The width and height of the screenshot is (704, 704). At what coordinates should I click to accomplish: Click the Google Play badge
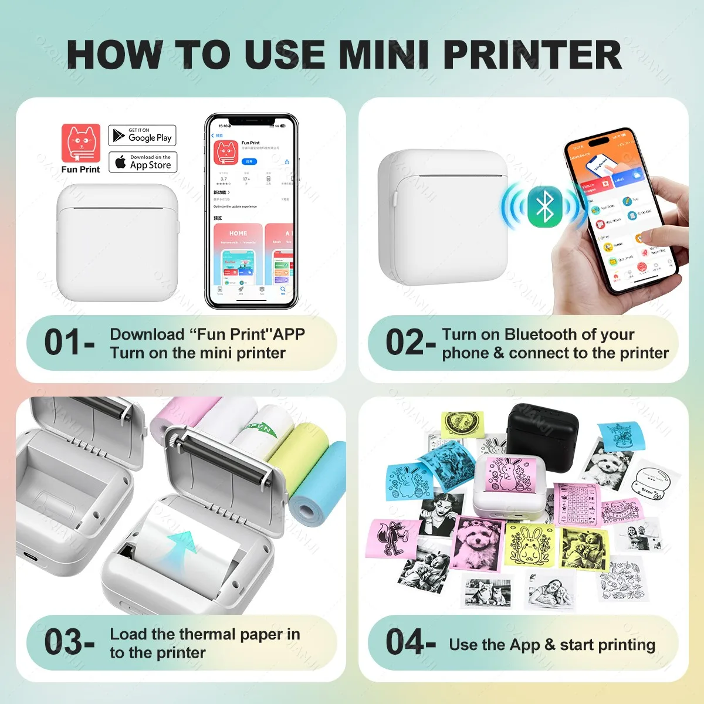point(142,136)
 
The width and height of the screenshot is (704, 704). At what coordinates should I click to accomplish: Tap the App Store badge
point(143,162)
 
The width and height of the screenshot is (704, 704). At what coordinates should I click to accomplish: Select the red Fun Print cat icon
point(81,143)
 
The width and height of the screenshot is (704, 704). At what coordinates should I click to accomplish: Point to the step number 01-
point(69,343)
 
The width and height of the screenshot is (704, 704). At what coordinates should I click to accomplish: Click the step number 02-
point(410,343)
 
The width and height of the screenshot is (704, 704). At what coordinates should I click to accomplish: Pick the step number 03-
point(69,642)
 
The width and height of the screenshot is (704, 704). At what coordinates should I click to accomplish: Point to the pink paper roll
point(176,414)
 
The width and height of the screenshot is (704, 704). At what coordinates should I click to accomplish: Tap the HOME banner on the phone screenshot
point(238,233)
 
